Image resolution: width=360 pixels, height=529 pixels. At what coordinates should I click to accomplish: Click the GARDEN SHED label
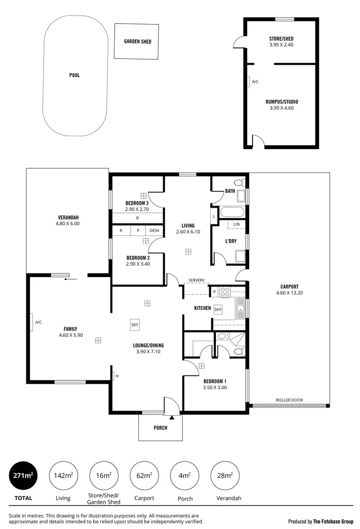[138, 42]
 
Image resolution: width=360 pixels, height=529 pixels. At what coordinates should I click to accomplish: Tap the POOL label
[74, 75]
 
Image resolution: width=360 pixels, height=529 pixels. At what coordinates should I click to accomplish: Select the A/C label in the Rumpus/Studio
[255, 82]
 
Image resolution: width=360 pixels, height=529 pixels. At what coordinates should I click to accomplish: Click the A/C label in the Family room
[38, 322]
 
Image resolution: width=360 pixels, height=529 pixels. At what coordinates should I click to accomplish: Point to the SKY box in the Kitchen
[218, 310]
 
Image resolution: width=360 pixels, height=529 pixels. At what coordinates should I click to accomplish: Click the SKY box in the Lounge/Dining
[135, 325]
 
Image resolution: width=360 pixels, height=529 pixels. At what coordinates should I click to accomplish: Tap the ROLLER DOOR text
[289, 400]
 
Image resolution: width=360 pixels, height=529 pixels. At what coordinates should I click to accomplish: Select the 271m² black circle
[23, 476]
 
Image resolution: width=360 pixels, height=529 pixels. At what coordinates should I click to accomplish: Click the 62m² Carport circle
[144, 476]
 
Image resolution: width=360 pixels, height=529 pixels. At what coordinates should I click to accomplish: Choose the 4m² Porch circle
[185, 476]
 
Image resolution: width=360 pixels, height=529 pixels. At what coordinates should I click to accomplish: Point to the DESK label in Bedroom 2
[154, 231]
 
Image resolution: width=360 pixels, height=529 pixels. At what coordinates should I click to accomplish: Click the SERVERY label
[196, 280]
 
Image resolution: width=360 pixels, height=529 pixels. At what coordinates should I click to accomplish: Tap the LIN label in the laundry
[236, 224]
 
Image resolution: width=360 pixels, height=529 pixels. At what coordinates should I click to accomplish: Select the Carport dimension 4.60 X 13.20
[289, 293]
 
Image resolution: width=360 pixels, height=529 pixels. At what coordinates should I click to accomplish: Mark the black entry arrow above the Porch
[171, 405]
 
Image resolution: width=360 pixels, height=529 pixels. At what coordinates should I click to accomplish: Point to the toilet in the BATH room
[239, 183]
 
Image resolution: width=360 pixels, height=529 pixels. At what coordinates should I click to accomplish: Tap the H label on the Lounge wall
[117, 376]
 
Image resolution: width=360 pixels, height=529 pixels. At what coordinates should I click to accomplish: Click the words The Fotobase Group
[333, 521]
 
